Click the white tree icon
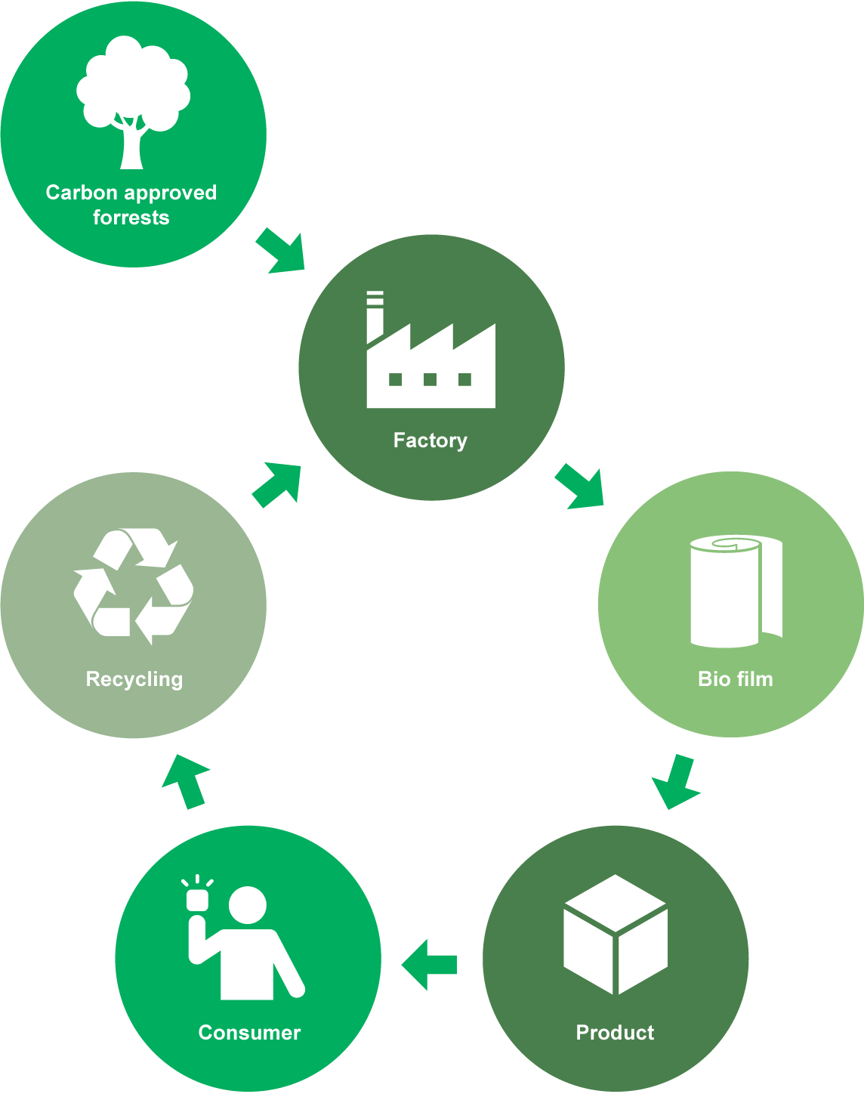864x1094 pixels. pos(133,102)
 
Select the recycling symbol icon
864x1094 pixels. pos(133,586)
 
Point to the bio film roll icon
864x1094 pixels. pos(734,591)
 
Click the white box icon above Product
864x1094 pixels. pos(616,934)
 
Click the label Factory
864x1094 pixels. pos(430,440)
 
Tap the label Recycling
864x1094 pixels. pos(134,679)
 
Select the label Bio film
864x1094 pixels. pos(736,679)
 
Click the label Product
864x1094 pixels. pos(615,1033)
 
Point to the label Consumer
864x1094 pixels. pos(249,1033)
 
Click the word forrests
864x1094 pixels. pos(131,218)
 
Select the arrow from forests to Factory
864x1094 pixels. pos(282,252)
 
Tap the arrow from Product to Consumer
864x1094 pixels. pos(429,965)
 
